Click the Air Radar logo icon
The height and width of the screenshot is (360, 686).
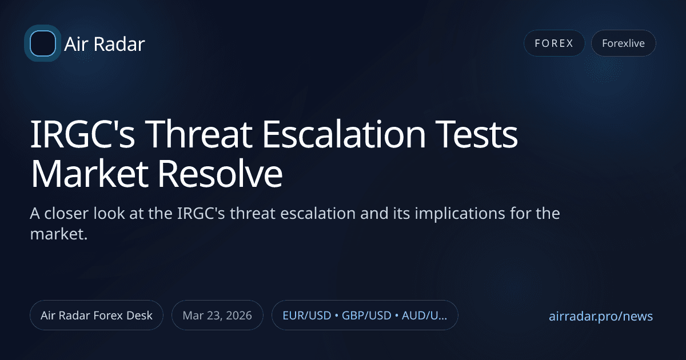[43, 43]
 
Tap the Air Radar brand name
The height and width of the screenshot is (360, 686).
[105, 44]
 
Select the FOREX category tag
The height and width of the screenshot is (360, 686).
[554, 43]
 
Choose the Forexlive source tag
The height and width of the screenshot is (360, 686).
[623, 43]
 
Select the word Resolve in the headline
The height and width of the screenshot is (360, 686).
[231, 176]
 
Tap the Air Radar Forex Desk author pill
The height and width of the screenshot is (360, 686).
[97, 315]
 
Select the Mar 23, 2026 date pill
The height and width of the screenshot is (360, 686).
[217, 315]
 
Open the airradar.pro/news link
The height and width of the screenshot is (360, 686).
[600, 316]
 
